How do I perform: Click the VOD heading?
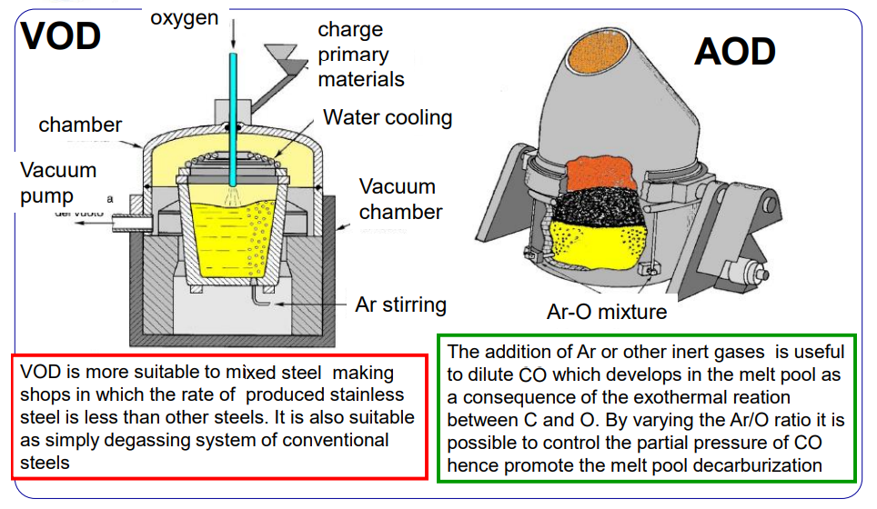(x=61, y=36)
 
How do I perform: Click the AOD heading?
(x=735, y=52)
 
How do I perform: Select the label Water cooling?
(x=388, y=117)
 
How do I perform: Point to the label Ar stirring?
(x=400, y=304)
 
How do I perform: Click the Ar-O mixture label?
(x=607, y=312)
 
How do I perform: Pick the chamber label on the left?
(x=80, y=125)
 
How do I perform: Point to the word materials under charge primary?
(x=361, y=79)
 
